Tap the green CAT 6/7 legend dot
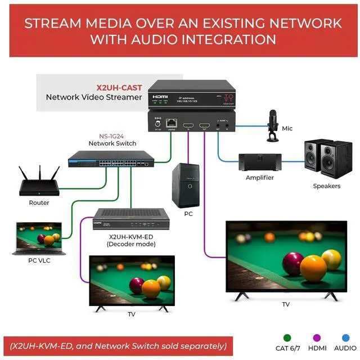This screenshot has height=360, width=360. point(287,337)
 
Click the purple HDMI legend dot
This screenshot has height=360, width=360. point(316,337)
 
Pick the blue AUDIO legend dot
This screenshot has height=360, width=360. point(345,337)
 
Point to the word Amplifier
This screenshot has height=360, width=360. point(259,178)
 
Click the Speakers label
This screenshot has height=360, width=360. point(326,186)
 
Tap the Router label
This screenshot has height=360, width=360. point(39,202)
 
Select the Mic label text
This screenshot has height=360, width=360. point(287,128)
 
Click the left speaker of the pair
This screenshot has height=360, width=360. point(313,159)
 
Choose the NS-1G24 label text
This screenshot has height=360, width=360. point(112,136)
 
